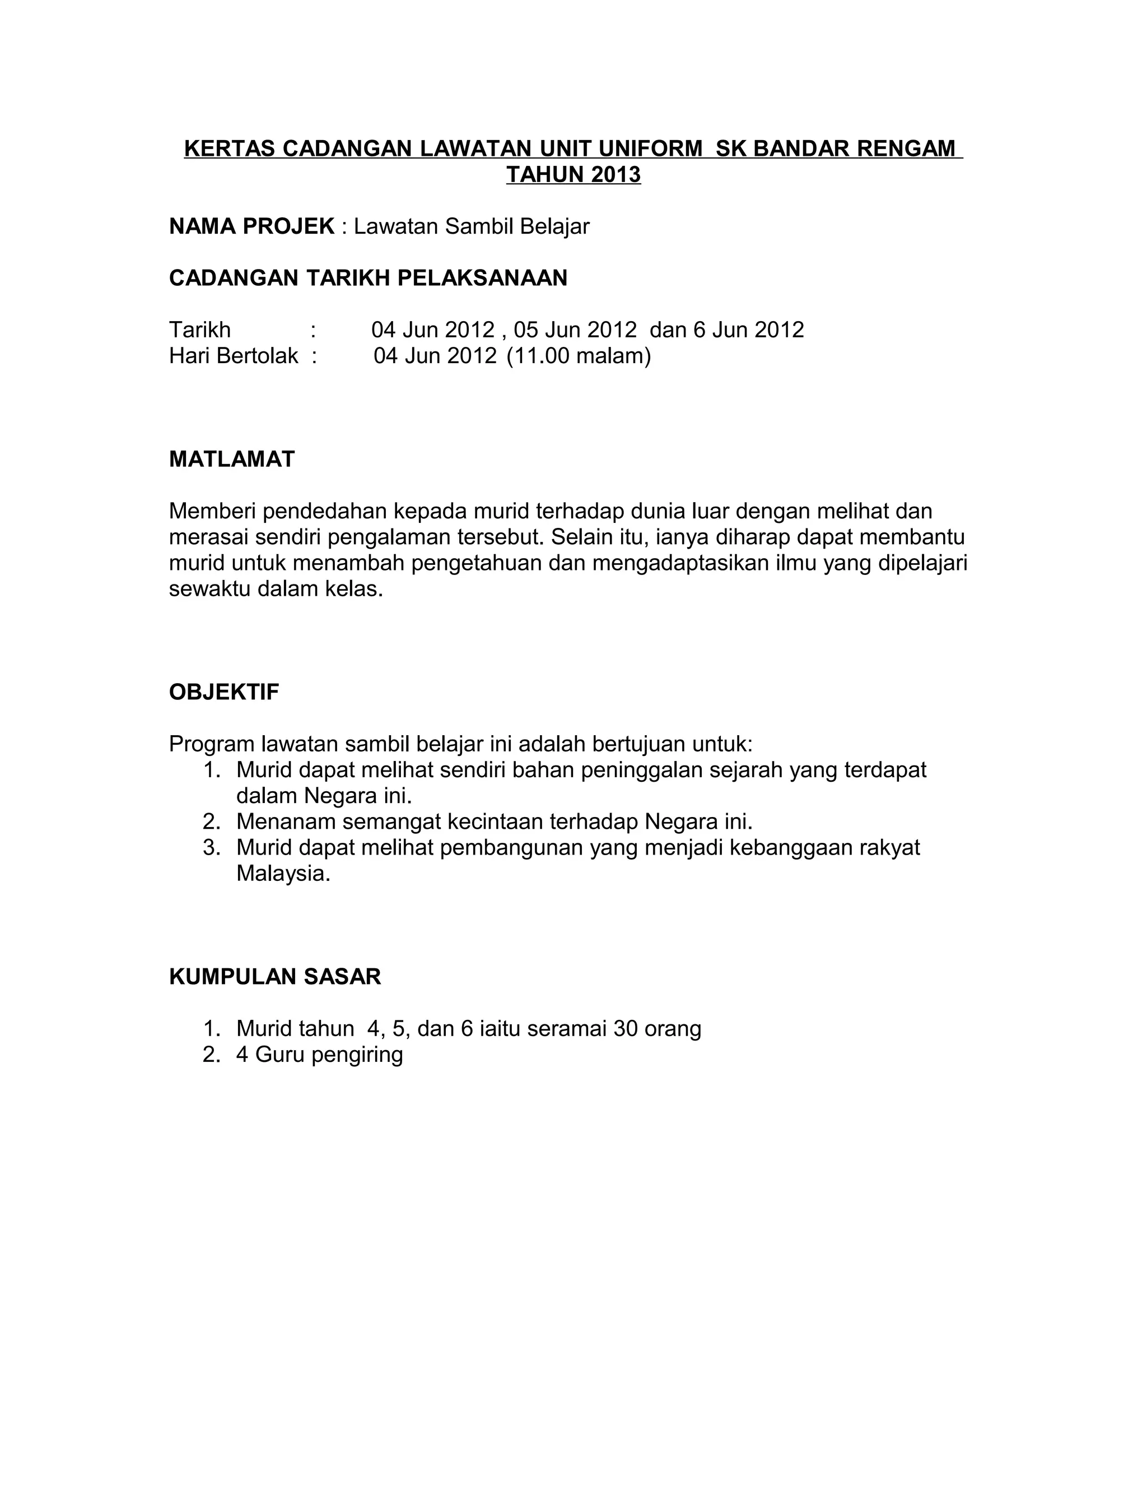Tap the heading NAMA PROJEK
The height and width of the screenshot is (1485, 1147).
251,226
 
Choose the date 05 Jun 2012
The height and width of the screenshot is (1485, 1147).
575,330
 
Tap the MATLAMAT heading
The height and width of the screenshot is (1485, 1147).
232,460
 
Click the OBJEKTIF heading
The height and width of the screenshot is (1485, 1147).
224,692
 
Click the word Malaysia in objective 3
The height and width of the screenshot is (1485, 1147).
283,874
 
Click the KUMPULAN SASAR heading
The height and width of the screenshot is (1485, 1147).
275,977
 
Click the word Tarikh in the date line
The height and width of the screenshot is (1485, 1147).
200,330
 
